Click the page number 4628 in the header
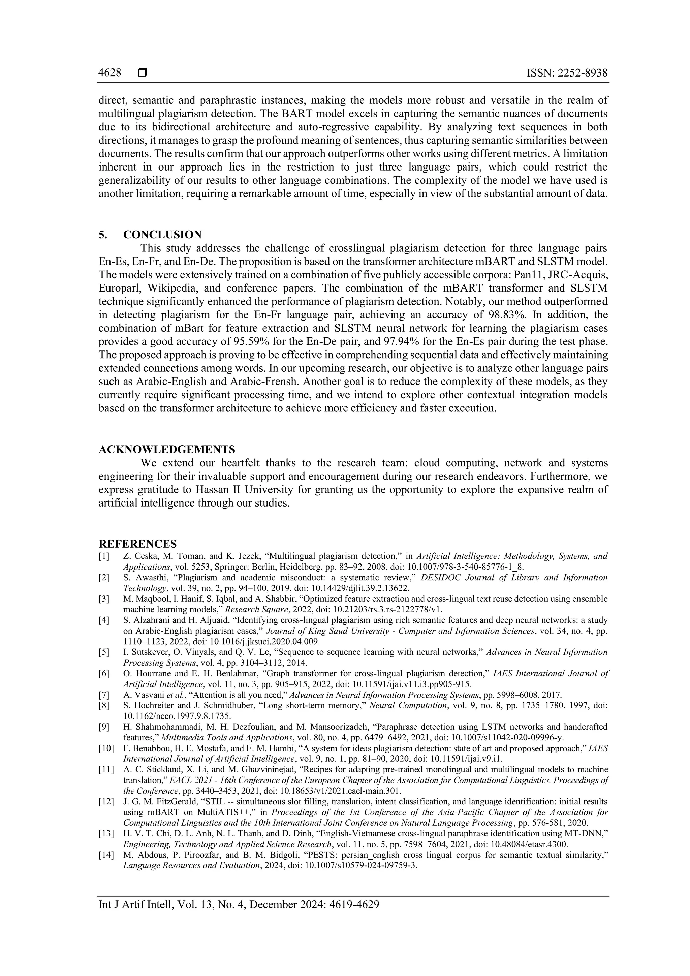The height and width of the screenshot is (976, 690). pyautogui.click(x=109, y=73)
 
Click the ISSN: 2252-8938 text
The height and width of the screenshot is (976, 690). pyautogui.click(x=567, y=73)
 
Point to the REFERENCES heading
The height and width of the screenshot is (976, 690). pyautogui.click(x=138, y=544)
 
